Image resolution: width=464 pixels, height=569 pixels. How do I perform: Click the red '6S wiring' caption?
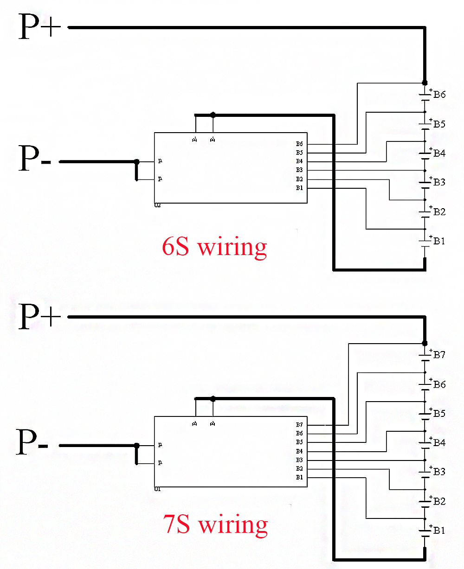[x=214, y=247]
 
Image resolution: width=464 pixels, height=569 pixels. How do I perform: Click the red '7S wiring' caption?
[x=215, y=525]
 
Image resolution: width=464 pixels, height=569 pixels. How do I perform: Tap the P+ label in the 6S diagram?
[x=39, y=27]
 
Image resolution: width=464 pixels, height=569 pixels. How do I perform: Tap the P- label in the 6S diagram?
[x=34, y=159]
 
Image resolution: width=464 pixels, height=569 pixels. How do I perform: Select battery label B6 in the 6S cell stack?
[x=439, y=95]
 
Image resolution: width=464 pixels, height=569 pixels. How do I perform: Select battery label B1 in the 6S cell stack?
[x=439, y=241]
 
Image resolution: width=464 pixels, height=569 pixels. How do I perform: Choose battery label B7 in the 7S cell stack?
[x=439, y=355]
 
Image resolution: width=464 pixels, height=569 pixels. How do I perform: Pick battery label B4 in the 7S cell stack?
[x=439, y=443]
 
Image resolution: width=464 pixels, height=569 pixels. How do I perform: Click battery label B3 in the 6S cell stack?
[x=439, y=182]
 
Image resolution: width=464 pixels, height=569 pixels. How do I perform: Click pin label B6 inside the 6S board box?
[x=299, y=144]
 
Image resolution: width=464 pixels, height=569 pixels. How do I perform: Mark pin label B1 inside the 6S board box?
[x=299, y=188]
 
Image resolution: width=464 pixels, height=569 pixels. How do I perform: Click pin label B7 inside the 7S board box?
[x=299, y=425]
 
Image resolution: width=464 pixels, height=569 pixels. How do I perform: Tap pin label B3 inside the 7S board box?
[x=299, y=460]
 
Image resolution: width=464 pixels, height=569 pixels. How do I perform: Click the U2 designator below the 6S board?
[x=158, y=205]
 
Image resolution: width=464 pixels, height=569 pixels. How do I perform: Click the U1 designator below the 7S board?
[x=158, y=489]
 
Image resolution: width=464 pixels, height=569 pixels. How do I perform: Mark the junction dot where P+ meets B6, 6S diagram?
[x=424, y=83]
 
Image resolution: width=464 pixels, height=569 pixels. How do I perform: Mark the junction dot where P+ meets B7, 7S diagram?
[x=424, y=343]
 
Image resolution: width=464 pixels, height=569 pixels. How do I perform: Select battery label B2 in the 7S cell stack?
[x=439, y=501]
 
